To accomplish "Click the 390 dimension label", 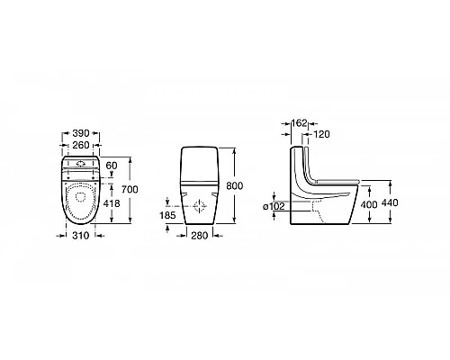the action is (x=81, y=133).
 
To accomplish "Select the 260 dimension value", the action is (x=81, y=145).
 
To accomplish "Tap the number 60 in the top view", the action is (x=112, y=166).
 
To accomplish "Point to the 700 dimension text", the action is (x=130, y=190).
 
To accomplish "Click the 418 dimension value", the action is (x=112, y=203).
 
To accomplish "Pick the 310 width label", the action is (x=81, y=236).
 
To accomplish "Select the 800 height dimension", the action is (x=234, y=186).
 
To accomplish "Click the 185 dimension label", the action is (x=167, y=215).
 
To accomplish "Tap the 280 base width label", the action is (x=200, y=236).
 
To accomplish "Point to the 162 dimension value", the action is (x=300, y=123).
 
